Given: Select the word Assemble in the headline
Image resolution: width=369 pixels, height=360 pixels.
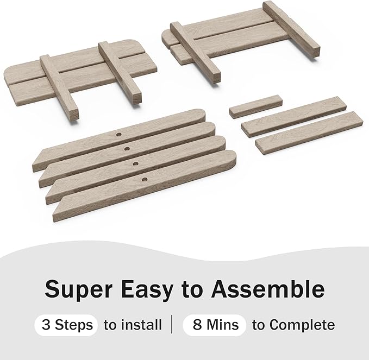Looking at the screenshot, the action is coord(267,288).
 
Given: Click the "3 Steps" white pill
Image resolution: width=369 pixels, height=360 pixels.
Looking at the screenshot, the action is coord(66,325).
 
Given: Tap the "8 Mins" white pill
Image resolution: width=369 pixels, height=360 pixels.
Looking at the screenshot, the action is coord(215,325).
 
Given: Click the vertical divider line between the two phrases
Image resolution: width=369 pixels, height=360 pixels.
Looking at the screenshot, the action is coord(172,325).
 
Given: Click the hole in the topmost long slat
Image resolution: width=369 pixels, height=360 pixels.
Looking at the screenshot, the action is coord(119,135).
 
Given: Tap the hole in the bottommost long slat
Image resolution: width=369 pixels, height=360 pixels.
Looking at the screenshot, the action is coord(144,180).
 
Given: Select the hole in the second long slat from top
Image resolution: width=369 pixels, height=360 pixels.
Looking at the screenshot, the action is coord(127,149).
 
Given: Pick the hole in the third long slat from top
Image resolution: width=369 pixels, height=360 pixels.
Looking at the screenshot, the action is coord(135,163).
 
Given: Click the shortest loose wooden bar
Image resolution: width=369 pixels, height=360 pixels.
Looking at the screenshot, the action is coord(256,106).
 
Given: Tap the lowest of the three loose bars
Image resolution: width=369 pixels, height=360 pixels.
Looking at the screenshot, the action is coord(308,133).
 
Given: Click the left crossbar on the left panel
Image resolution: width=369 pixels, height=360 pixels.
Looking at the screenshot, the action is coord(59,88).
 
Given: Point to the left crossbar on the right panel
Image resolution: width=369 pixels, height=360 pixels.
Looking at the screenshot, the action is coord(195,52).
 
